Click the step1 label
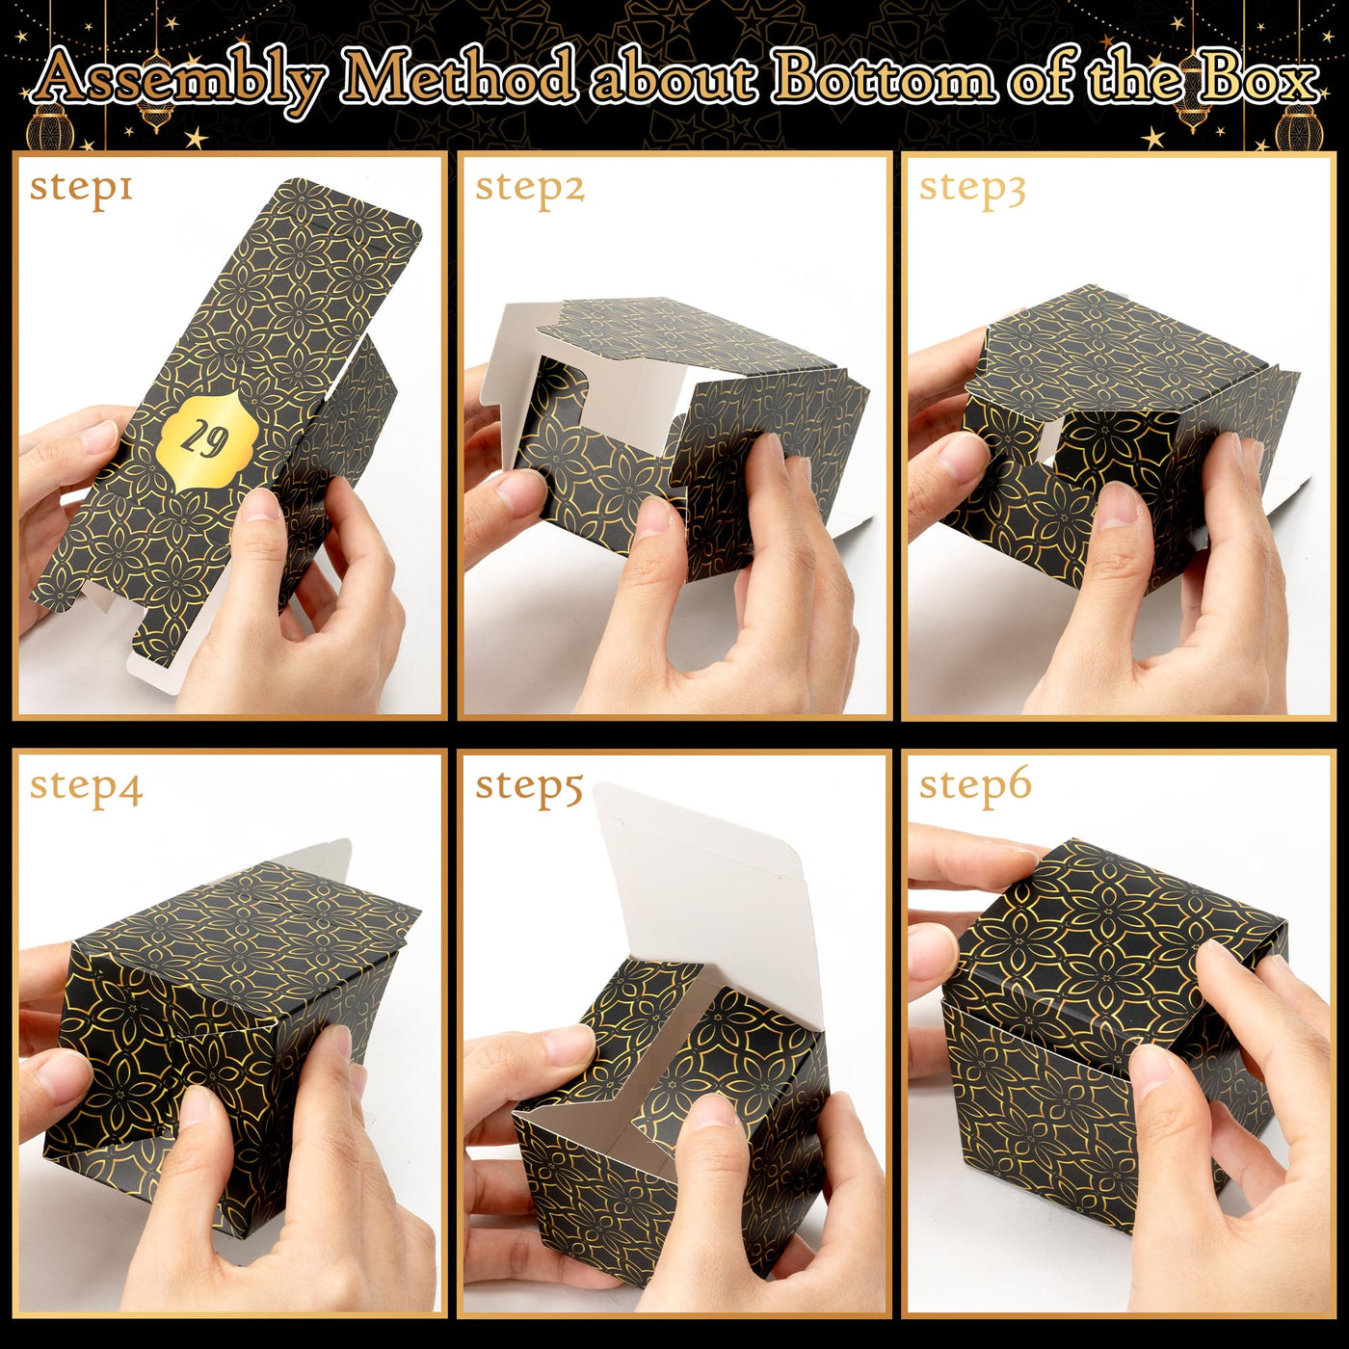pos(81,189)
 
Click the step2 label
pos(530,189)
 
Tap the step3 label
pos(971,189)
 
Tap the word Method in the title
pos(460,79)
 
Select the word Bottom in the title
pos(885,79)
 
